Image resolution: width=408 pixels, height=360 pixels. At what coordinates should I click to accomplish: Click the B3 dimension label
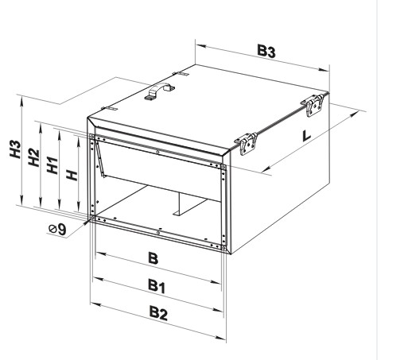pos(266,51)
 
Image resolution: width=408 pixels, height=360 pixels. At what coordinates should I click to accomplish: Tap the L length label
pos(306,136)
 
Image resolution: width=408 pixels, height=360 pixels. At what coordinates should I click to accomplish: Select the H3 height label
pos(16,149)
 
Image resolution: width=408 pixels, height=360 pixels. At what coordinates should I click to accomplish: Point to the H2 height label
pos(34,158)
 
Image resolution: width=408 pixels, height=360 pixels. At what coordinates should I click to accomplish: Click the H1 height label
pos(52,165)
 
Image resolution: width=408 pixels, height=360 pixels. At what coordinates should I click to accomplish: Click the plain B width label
pos(153,258)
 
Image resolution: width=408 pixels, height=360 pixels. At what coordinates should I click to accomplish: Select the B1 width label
pos(157,286)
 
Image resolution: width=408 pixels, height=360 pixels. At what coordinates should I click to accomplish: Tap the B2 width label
pos(158,313)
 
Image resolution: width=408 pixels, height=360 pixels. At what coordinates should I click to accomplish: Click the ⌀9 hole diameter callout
pos(57,230)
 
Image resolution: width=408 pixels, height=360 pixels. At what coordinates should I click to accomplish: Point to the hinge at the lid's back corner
pos(181,74)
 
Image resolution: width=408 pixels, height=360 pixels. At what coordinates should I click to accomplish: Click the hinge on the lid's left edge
pos(109,109)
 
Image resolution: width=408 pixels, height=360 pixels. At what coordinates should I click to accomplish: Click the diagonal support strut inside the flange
pos(100,158)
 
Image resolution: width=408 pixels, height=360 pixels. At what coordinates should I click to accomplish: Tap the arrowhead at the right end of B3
pos(323,70)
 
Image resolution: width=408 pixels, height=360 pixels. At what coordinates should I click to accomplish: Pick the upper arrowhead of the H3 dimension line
pos(21,102)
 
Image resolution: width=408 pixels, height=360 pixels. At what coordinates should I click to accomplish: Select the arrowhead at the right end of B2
pos(220,337)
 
